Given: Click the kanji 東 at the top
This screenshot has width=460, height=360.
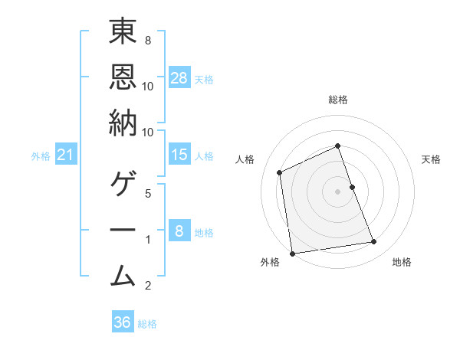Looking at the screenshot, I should click(123, 32).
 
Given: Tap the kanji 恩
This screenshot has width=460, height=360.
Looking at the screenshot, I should click(123, 77).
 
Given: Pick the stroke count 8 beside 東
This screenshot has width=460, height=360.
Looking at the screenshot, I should click(147, 39).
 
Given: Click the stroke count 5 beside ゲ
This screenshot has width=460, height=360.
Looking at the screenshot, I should click(147, 194).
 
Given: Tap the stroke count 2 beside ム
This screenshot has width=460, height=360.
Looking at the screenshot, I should click(147, 286).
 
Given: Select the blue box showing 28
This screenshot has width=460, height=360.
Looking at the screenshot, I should click(179, 77).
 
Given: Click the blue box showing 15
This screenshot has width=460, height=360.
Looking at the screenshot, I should click(179, 155).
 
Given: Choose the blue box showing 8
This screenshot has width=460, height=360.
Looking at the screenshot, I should click(179, 231).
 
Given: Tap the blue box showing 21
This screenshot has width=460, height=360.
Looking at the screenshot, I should click(66, 155).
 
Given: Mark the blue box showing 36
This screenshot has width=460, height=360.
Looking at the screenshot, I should click(123, 322).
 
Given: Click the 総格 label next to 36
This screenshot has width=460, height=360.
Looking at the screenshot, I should click(147, 324).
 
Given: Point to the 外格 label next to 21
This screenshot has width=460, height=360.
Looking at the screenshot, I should click(41, 156).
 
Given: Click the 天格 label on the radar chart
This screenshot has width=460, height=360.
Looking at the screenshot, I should click(431, 159).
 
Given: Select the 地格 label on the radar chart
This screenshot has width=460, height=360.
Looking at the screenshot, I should click(402, 262).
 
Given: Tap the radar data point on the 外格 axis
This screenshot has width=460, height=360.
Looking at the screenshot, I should click(292, 254).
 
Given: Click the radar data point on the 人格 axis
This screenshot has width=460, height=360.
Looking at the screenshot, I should click(280, 172).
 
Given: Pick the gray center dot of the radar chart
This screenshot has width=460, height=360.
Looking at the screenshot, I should click(337, 191).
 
